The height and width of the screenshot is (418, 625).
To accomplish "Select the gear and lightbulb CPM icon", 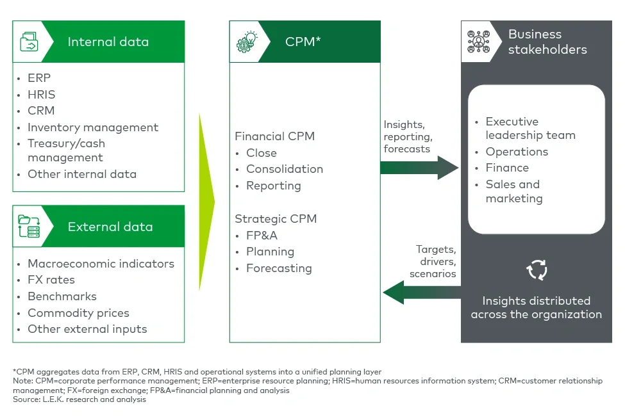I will pos(247,42).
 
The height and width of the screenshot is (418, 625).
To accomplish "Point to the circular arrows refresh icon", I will pos(537,270).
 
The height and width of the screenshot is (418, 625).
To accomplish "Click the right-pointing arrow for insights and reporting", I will pos(419,168).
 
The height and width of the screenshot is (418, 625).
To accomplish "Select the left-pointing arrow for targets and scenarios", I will pos(421,293).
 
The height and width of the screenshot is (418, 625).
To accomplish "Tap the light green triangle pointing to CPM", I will pos(206,202).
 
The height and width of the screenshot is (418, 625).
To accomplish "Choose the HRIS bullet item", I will pos(41,94).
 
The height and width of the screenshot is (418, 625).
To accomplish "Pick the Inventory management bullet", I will pos(92,127).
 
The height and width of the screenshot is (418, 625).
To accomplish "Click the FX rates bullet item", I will pos(51,280).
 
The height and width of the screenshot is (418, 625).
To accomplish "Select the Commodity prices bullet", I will pos(78,313).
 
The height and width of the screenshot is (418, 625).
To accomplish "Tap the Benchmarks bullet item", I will pos(62,296).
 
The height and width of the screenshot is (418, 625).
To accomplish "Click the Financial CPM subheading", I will pos(274,136).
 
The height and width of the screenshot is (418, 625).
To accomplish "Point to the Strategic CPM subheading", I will pos(276,219).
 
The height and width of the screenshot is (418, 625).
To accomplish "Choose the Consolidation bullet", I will pos(284,169).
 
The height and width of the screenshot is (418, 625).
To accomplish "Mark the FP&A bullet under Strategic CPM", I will pos(262,236).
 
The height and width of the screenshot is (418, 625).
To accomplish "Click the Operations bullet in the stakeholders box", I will pos(517,152).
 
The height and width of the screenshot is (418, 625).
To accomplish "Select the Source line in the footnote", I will pos(79,399).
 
